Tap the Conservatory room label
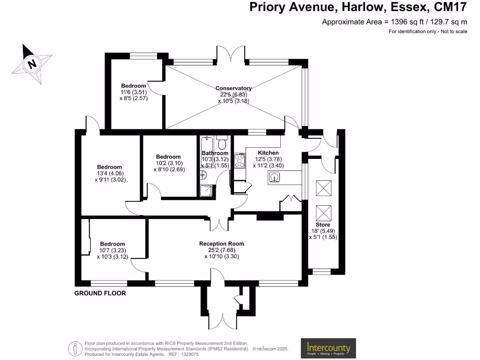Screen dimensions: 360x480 point(233,88)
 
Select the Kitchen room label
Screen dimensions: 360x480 point(268,153)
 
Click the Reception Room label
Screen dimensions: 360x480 point(221,244)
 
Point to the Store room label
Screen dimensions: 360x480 point(322,225)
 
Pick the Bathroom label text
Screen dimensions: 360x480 point(215,153)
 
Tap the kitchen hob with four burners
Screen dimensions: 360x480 point(239,161)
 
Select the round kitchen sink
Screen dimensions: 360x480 point(274,177)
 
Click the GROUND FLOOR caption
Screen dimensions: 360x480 point(100,293)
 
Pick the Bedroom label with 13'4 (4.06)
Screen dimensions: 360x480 point(109,167)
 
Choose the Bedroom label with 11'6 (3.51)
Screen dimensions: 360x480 point(133,86)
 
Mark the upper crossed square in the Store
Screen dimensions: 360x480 point(323,189)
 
